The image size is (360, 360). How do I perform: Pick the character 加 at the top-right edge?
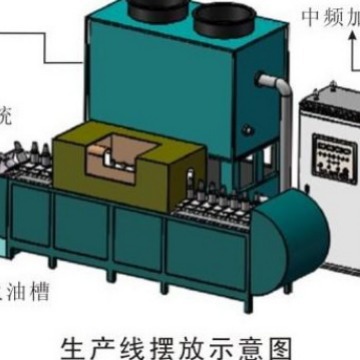[353, 17]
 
